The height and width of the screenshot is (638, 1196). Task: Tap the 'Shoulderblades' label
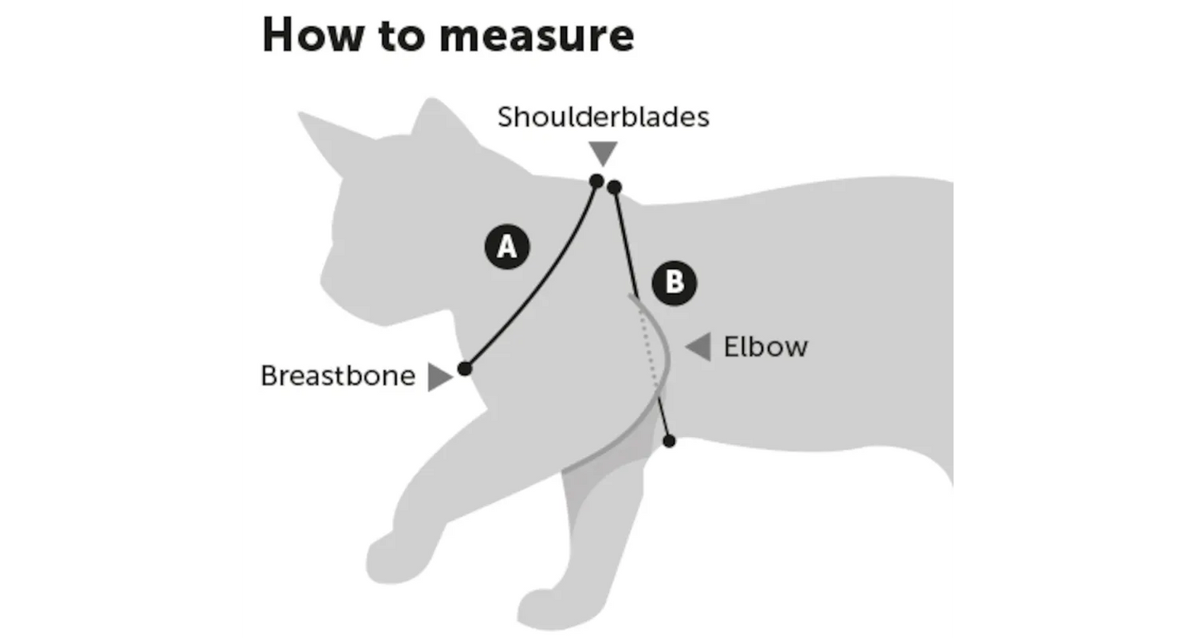pyautogui.click(x=603, y=118)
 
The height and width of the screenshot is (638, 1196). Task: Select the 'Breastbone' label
pyautogui.click(x=338, y=376)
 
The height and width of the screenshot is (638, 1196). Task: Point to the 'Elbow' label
pyautogui.click(x=766, y=347)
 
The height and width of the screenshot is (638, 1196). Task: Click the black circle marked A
pyautogui.click(x=507, y=247)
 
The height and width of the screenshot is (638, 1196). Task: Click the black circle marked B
pyautogui.click(x=675, y=283)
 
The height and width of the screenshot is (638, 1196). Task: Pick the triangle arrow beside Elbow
pyautogui.click(x=699, y=347)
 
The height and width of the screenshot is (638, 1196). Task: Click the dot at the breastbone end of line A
pyautogui.click(x=464, y=368)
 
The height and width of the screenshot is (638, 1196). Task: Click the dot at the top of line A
pyautogui.click(x=596, y=180)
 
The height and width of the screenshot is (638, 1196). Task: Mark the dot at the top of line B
pyautogui.click(x=614, y=188)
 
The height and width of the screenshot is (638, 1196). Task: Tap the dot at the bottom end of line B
pyautogui.click(x=670, y=441)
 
